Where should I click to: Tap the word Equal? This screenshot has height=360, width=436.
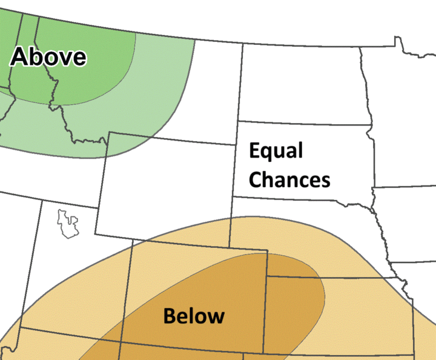pyautogui.click(x=276, y=151)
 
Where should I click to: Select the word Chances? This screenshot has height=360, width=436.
pyautogui.click(x=290, y=179)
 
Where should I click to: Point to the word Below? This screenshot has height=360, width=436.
pyautogui.click(x=194, y=316)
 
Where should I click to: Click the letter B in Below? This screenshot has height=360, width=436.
pyautogui.click(x=170, y=316)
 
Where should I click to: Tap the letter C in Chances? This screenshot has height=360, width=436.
pyautogui.click(x=257, y=179)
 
